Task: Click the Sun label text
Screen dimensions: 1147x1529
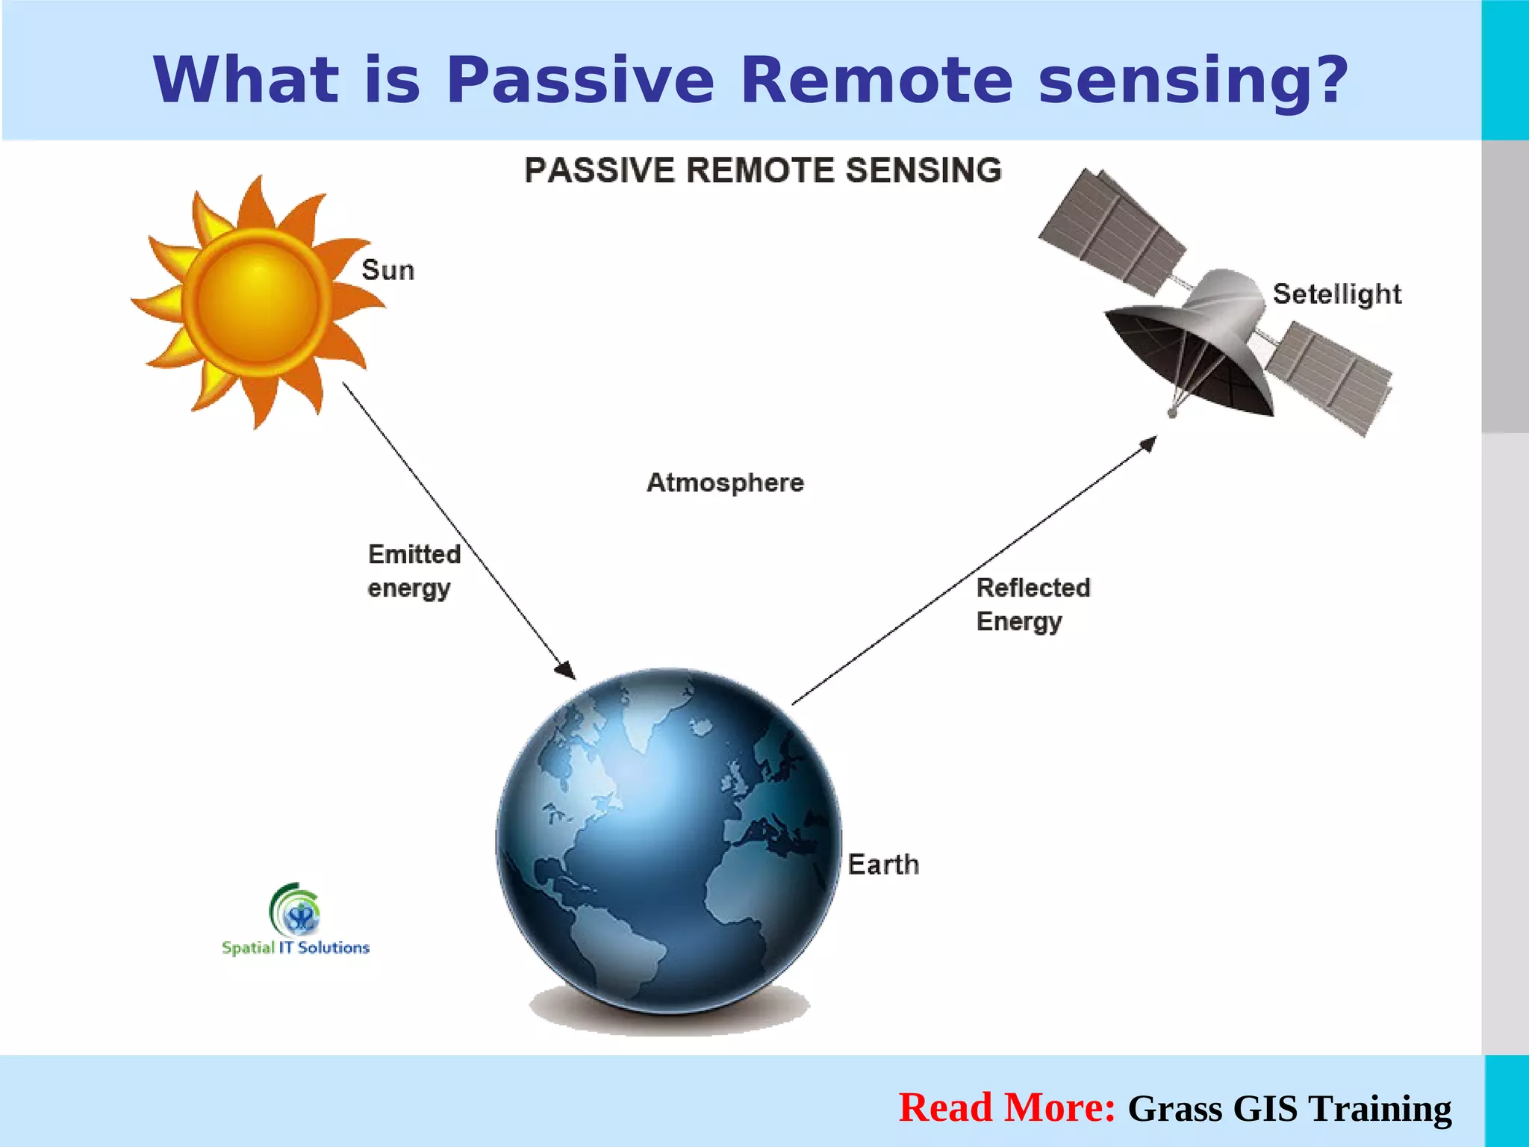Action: (x=387, y=270)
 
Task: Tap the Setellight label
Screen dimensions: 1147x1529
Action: (x=1336, y=294)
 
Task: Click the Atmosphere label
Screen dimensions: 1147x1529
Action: (x=725, y=483)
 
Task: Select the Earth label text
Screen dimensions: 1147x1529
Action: (x=883, y=865)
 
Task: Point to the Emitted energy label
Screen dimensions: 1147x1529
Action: (x=413, y=571)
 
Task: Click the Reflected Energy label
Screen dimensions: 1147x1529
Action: (x=1033, y=604)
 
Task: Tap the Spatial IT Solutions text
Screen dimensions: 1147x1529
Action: (x=296, y=948)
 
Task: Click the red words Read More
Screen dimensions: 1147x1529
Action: (x=1006, y=1107)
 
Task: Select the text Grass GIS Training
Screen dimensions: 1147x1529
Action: (x=1289, y=1109)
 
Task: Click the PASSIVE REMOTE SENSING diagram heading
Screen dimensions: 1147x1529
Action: (x=762, y=170)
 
